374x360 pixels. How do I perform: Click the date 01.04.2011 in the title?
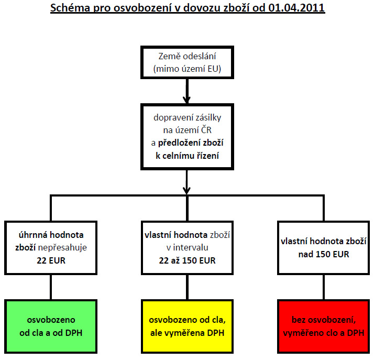(296, 8)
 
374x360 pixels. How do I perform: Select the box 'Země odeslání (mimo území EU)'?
(187, 62)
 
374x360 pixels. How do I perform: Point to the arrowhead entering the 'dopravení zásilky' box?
(187, 100)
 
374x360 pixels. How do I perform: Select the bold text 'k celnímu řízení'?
(187, 156)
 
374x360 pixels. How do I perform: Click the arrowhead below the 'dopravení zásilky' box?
(187, 191)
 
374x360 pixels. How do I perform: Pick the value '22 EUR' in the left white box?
(51, 260)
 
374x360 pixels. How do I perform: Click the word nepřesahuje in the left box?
(62, 248)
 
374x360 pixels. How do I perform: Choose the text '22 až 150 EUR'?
(187, 260)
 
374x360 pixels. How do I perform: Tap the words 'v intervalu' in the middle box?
(187, 248)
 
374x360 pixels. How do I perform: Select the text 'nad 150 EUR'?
(324, 254)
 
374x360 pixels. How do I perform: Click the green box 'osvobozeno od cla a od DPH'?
(51, 326)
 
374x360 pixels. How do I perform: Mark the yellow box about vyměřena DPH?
(187, 326)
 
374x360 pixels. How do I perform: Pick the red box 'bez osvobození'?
(324, 326)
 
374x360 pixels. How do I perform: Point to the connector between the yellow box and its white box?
(187, 287)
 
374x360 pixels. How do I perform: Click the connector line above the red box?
(324, 287)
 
